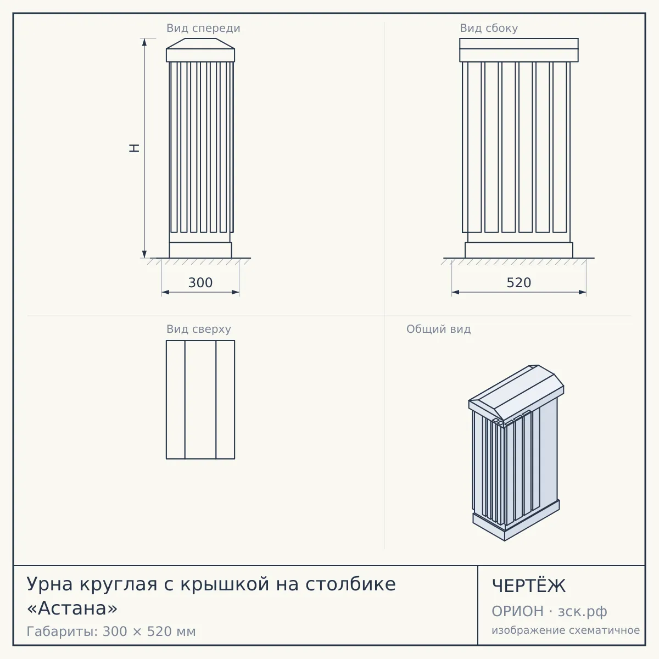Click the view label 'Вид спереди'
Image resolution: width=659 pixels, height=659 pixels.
click(203, 29)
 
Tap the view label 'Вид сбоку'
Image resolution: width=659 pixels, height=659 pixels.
click(489, 29)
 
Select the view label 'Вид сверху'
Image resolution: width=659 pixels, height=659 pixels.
click(199, 329)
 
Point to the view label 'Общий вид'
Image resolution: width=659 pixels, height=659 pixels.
click(438, 329)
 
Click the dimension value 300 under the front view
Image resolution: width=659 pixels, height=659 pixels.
click(200, 283)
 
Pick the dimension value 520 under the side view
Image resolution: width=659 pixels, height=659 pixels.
click(519, 283)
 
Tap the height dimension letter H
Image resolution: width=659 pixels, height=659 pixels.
click(134, 148)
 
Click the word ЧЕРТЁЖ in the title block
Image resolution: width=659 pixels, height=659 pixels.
click(529, 586)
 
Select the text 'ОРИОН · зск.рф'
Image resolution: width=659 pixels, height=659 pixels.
click(549, 611)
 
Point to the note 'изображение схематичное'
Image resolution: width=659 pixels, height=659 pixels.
click(566, 630)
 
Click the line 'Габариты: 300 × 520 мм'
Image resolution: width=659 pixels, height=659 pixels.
click(111, 632)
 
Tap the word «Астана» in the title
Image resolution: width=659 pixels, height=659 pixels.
click(72, 608)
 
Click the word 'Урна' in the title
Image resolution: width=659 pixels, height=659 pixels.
click(49, 584)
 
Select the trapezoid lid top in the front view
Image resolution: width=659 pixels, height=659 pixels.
click(200, 43)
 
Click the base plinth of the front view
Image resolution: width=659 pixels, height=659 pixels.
click(200, 250)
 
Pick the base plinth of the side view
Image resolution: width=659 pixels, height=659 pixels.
click(519, 250)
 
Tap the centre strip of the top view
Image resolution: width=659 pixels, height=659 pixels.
click(200, 399)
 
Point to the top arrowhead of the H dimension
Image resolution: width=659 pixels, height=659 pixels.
click(144, 42)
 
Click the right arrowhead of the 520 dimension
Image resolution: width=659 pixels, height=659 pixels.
click(583, 292)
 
